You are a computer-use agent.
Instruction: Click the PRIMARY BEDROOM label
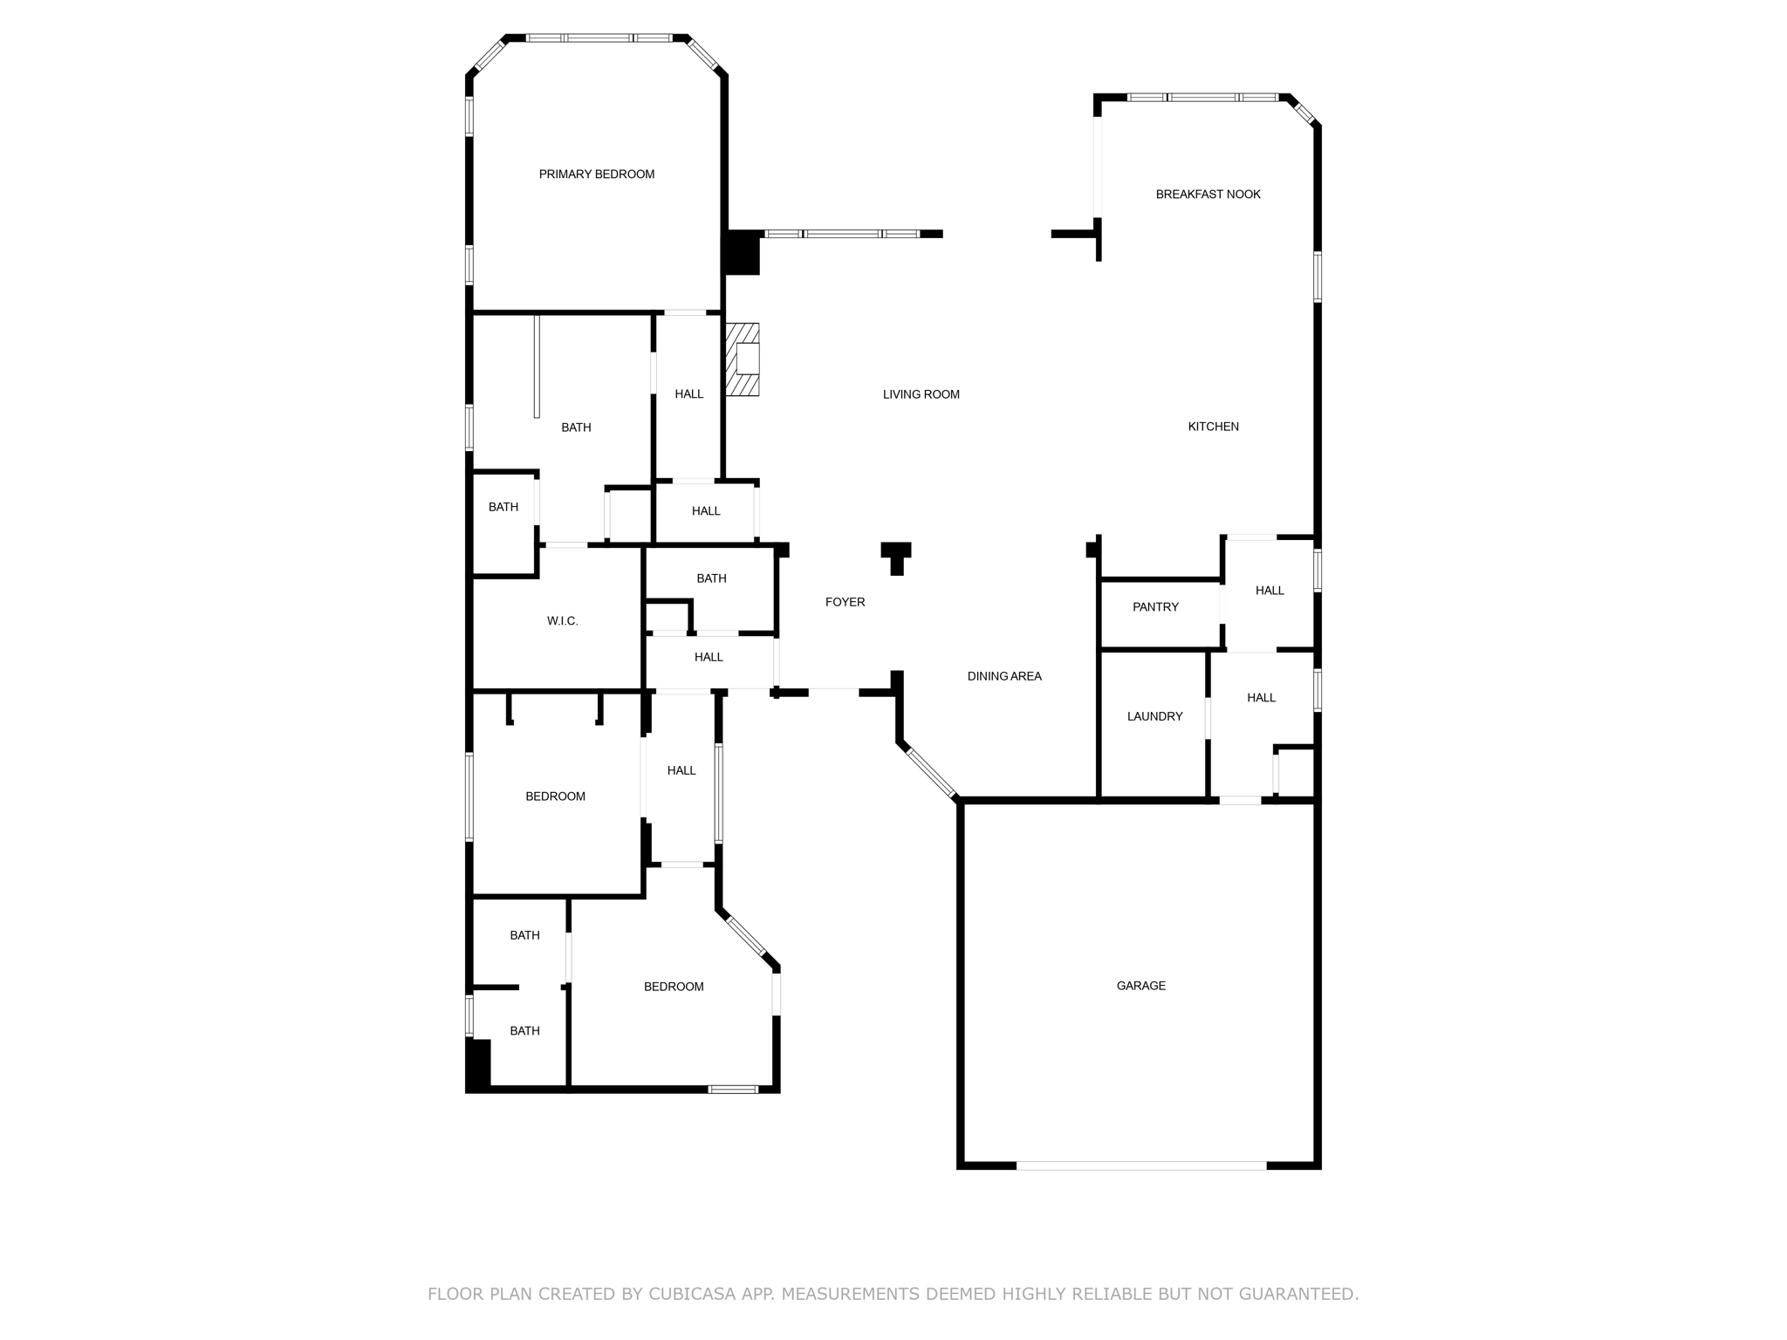[x=597, y=174]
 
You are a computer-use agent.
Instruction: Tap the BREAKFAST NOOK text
[x=1208, y=195]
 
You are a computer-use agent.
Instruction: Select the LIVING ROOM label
[x=921, y=394]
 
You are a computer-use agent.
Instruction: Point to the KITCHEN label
[x=1214, y=427]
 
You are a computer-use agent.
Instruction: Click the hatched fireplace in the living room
[x=743, y=359]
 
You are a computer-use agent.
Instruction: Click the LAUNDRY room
[x=1154, y=724]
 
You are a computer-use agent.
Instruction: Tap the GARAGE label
[x=1141, y=986]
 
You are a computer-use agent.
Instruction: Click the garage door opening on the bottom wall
[x=1141, y=1165]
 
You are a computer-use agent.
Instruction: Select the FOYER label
[x=846, y=602]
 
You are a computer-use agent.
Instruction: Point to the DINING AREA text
[x=1004, y=676]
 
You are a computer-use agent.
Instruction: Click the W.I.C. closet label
[x=563, y=621]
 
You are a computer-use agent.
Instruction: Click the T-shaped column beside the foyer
[x=896, y=558]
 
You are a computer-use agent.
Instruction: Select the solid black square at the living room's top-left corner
[x=741, y=253]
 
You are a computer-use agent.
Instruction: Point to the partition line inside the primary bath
[x=537, y=366]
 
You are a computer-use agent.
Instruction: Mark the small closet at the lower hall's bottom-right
[x=1295, y=772]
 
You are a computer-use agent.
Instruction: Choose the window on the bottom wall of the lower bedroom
[x=733, y=1089]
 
